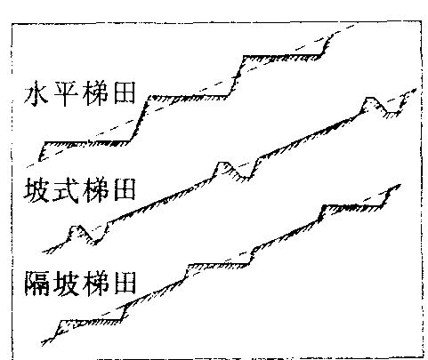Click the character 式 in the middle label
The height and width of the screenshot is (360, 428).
click(66, 190)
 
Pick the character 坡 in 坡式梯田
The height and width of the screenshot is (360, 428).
click(36, 190)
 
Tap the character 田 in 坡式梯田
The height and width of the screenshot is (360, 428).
click(125, 190)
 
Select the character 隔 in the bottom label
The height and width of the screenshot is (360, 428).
click(36, 283)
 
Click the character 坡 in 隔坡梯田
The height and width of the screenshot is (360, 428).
click(66, 283)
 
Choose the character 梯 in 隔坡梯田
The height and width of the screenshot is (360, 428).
click(95, 283)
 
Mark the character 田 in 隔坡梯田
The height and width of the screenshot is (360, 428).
click(125, 283)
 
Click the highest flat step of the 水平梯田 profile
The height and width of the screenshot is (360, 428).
click(282, 55)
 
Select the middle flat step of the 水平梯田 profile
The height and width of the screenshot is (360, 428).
click(189, 96)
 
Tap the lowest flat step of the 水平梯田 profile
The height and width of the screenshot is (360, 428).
click(87, 142)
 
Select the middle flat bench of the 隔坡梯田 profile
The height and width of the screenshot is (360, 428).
click(219, 264)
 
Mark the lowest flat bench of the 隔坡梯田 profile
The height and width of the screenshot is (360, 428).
click(91, 320)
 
